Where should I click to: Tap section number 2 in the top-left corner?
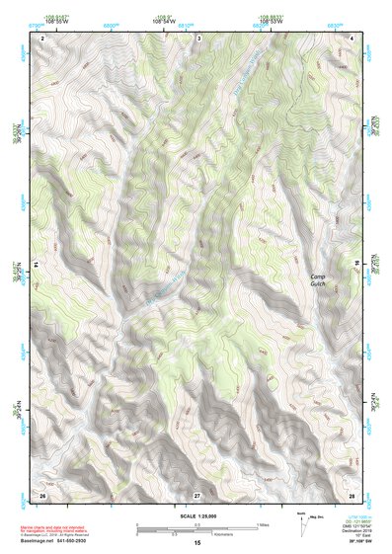(x=43, y=38)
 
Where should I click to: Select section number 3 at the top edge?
(x=198, y=38)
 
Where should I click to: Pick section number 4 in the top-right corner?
(x=353, y=38)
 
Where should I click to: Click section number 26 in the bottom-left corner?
(x=42, y=494)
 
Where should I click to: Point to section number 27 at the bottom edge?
(x=197, y=494)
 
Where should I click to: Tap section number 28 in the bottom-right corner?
(x=352, y=494)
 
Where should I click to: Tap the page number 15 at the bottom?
(x=197, y=543)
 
